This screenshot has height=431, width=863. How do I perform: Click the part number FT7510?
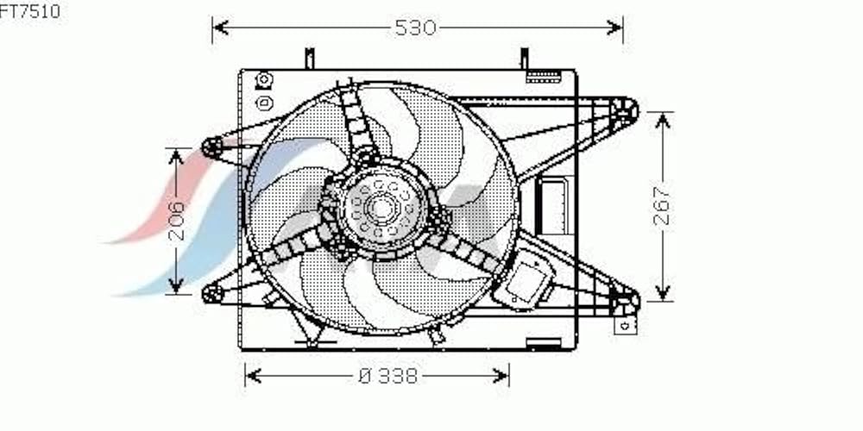click(29, 11)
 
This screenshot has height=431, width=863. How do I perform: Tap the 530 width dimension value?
click(416, 28)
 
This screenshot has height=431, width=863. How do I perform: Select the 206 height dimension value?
click(177, 221)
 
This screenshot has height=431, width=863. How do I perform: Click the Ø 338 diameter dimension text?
click(388, 376)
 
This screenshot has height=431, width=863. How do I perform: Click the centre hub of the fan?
click(381, 209)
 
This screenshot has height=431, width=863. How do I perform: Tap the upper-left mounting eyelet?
click(211, 147)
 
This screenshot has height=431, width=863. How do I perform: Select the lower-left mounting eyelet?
click(212, 294)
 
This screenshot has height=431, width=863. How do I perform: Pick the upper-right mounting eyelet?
click(625, 110)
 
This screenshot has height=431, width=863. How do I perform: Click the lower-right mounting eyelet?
click(627, 300)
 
